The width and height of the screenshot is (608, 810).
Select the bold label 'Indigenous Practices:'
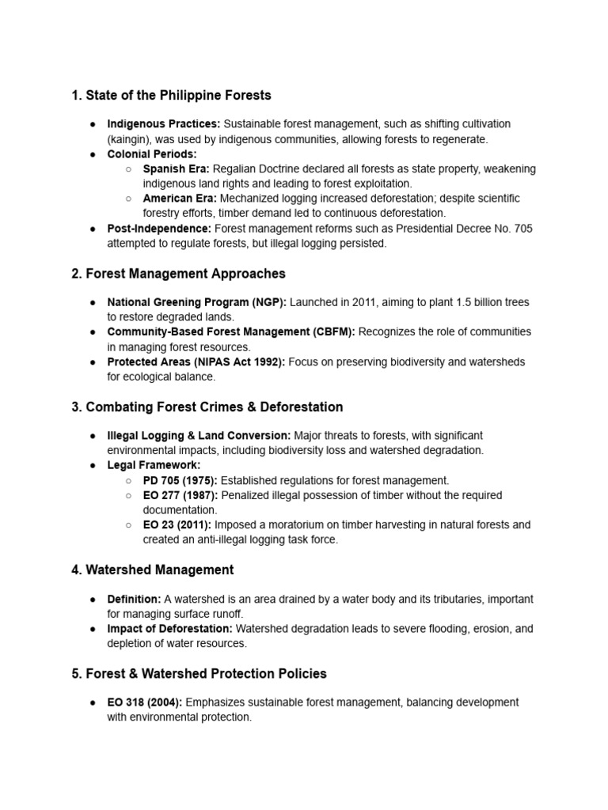[164, 124]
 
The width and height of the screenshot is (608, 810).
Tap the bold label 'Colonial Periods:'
[152, 154]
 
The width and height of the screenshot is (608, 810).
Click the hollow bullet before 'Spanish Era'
[128, 169]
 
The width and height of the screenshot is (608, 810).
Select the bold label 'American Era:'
[178, 199]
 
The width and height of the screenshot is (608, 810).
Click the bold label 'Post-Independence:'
[159, 229]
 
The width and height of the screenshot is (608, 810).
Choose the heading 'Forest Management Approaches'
[178, 274]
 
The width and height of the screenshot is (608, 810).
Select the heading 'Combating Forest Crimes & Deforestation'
[207, 407]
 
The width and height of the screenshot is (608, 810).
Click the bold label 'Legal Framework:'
[154, 465]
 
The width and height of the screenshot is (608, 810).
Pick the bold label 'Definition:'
[134, 599]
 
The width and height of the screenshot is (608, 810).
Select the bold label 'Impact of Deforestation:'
[169, 629]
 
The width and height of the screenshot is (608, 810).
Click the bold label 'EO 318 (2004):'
[145, 702]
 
